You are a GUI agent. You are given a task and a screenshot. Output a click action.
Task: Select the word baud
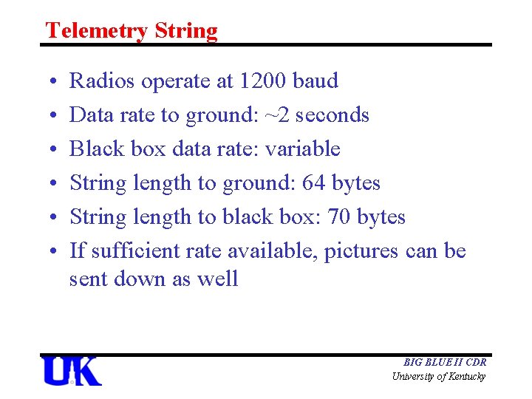click(316, 81)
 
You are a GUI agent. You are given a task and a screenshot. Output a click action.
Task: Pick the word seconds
click(333, 115)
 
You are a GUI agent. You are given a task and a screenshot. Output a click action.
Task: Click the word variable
click(302, 149)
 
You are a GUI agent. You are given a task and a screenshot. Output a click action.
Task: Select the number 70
click(340, 217)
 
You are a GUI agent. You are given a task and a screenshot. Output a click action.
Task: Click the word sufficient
click(130, 251)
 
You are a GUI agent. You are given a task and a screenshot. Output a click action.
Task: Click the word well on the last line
click(219, 279)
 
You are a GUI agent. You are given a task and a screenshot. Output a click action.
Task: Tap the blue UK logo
click(71, 371)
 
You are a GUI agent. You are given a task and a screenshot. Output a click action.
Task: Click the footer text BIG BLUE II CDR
click(445, 363)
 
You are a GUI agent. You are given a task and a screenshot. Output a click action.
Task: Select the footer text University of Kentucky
click(439, 377)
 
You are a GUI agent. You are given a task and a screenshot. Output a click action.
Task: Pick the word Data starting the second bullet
click(89, 115)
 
